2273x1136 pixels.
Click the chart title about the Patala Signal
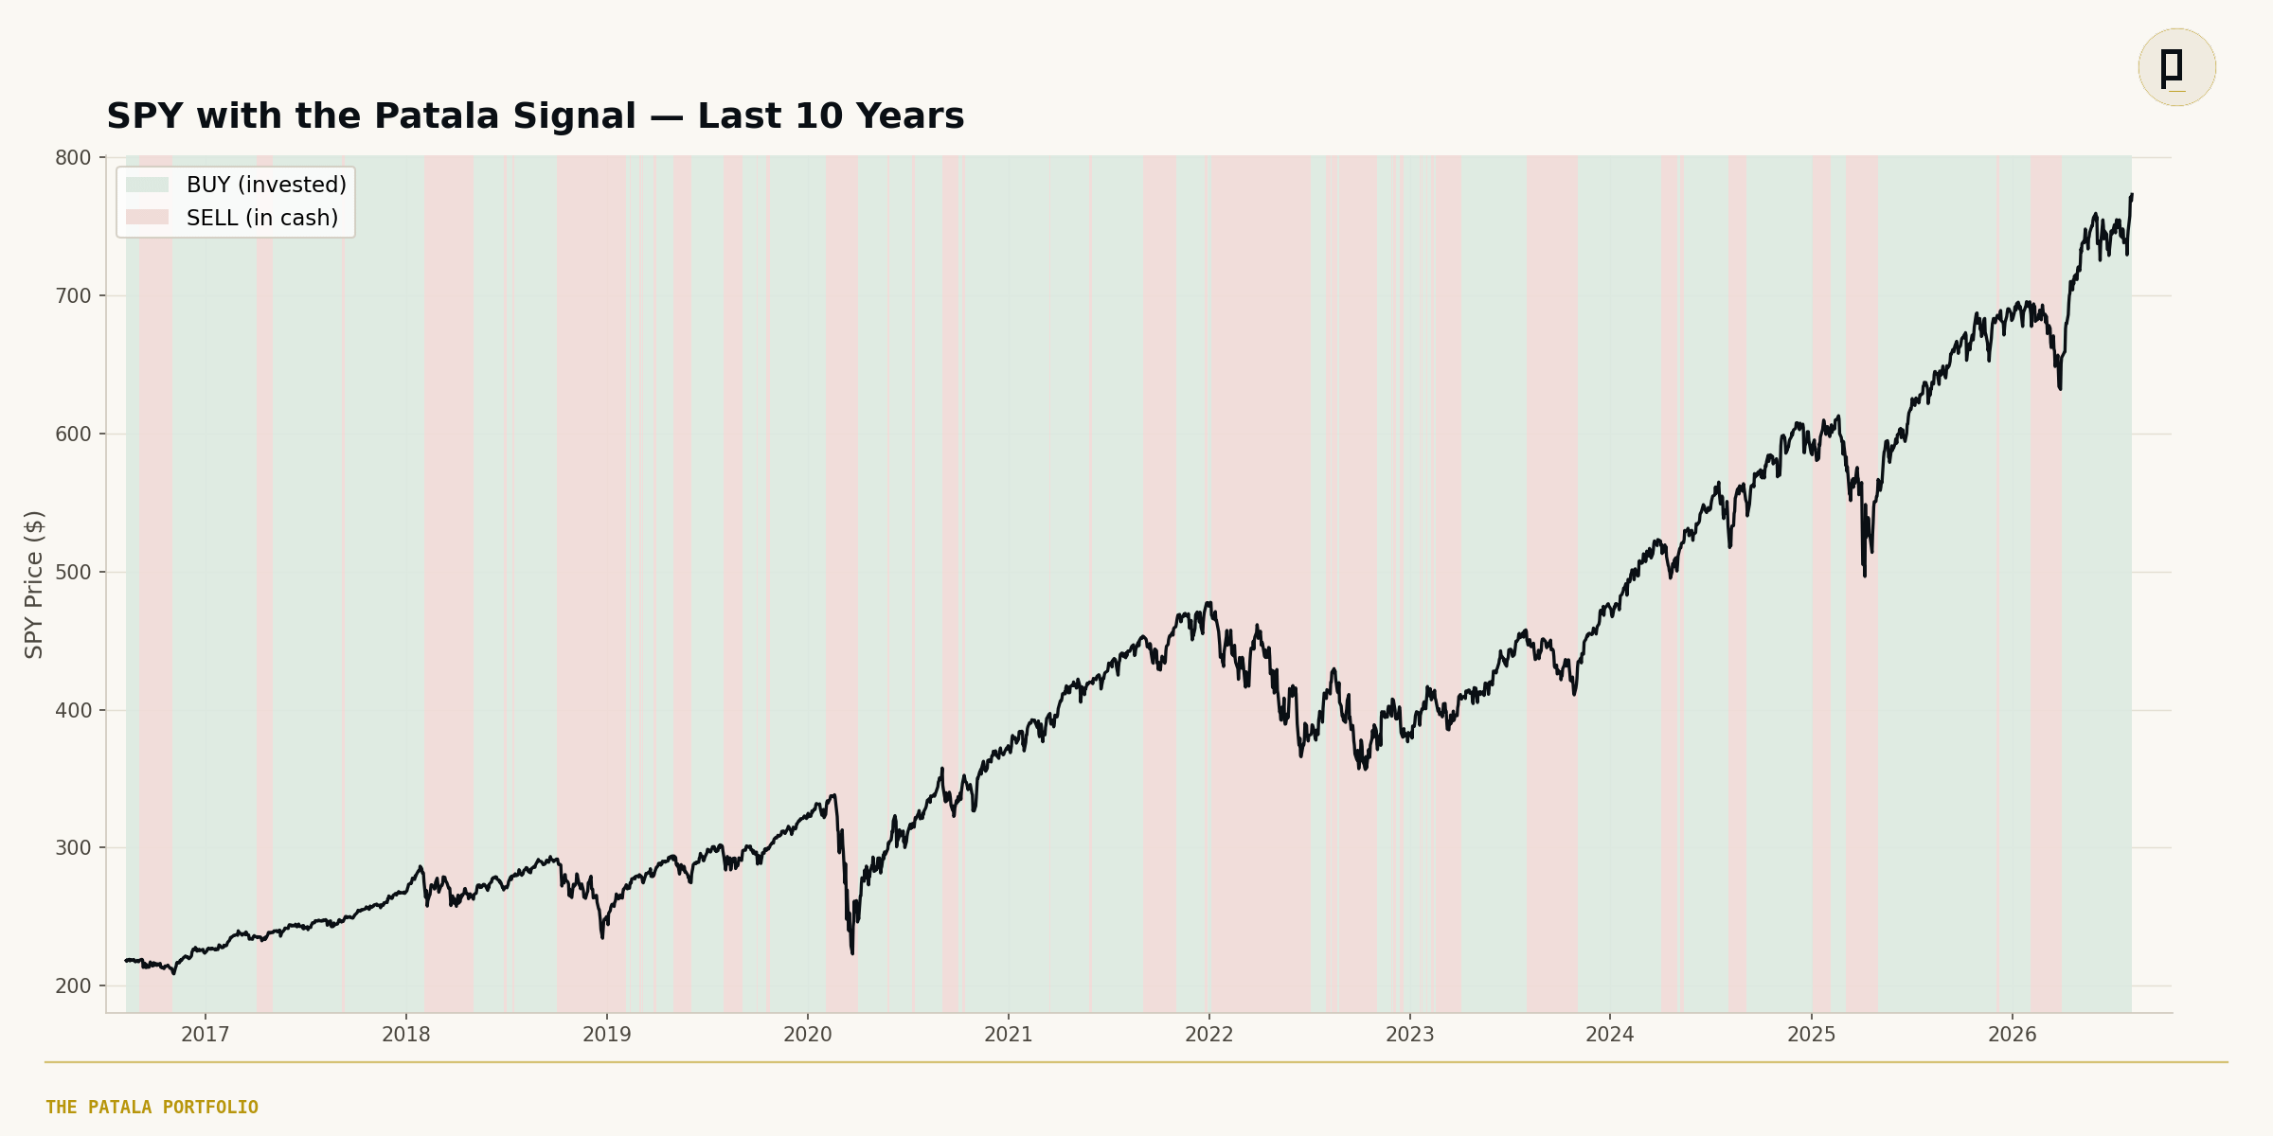[535, 116]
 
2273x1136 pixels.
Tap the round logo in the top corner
[2176, 67]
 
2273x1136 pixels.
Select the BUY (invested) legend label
[266, 185]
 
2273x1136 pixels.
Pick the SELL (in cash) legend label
[262, 218]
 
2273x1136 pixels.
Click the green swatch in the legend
[147, 185]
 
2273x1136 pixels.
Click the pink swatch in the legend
[147, 218]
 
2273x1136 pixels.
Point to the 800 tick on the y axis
[73, 158]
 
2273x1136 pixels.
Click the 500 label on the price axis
[73, 573]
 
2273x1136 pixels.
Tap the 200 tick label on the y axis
[73, 986]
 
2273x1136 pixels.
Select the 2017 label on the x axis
[206, 1035]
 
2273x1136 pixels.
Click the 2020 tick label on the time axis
[808, 1035]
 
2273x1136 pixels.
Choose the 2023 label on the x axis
[1410, 1035]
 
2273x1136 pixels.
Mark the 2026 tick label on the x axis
[2013, 1035]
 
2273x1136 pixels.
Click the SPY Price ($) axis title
[34, 584]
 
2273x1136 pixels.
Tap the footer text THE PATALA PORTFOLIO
[152, 1108]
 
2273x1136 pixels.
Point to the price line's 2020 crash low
[852, 953]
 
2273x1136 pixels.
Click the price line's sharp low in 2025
[1865, 576]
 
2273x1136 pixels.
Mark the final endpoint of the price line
[2132, 195]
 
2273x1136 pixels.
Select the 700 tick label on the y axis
[73, 296]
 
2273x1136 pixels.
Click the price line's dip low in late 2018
[602, 937]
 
